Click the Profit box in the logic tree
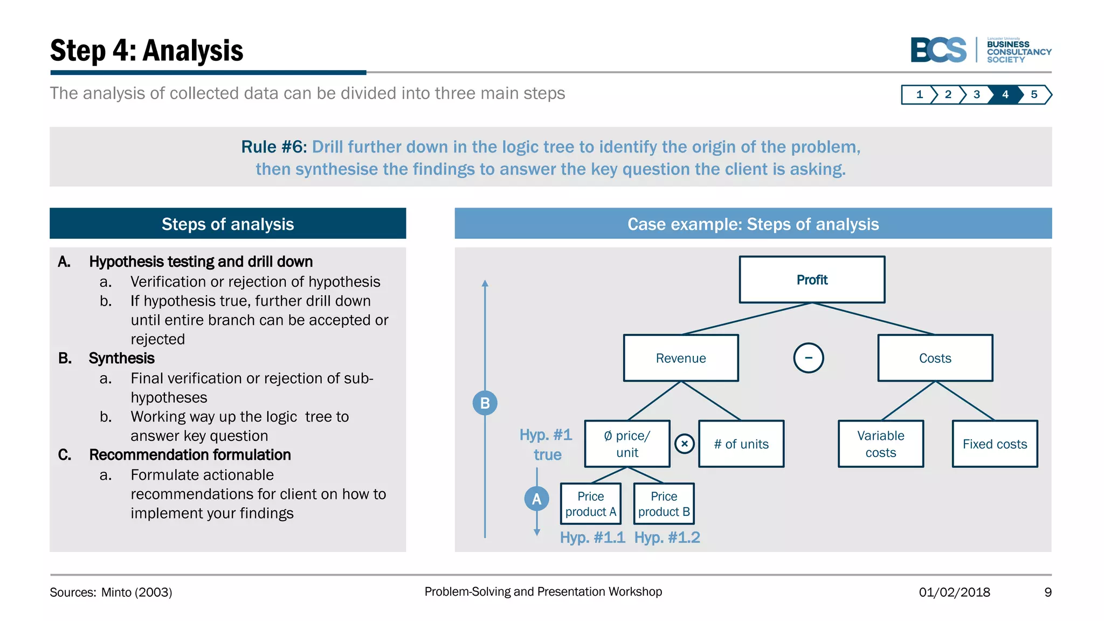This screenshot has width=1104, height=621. tap(812, 279)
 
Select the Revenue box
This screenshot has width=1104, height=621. tap(681, 358)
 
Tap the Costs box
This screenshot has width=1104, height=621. tap(935, 358)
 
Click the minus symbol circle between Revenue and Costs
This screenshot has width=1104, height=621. tap(808, 358)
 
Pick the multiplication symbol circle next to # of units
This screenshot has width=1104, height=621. tap(684, 444)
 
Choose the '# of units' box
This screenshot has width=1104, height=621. tap(741, 444)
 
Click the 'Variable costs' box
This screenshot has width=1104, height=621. tap(880, 444)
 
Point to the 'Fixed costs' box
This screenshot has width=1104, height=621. tap(995, 444)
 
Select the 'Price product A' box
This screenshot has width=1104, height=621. tap(590, 503)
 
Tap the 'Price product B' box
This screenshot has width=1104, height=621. tap(664, 503)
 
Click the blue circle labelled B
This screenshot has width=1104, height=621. tap(485, 403)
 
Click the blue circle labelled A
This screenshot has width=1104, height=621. tap(536, 499)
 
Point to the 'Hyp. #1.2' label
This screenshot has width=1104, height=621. tap(667, 537)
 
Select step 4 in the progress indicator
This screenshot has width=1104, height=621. tap(1005, 94)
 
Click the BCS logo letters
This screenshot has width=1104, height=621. tap(939, 50)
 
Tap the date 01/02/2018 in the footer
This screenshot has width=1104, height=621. tap(954, 592)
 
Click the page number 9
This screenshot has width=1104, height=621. tap(1047, 592)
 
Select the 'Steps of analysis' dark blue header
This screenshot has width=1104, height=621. tap(227, 224)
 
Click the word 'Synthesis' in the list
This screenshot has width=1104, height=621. tap(121, 358)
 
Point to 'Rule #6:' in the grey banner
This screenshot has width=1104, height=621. tap(273, 147)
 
